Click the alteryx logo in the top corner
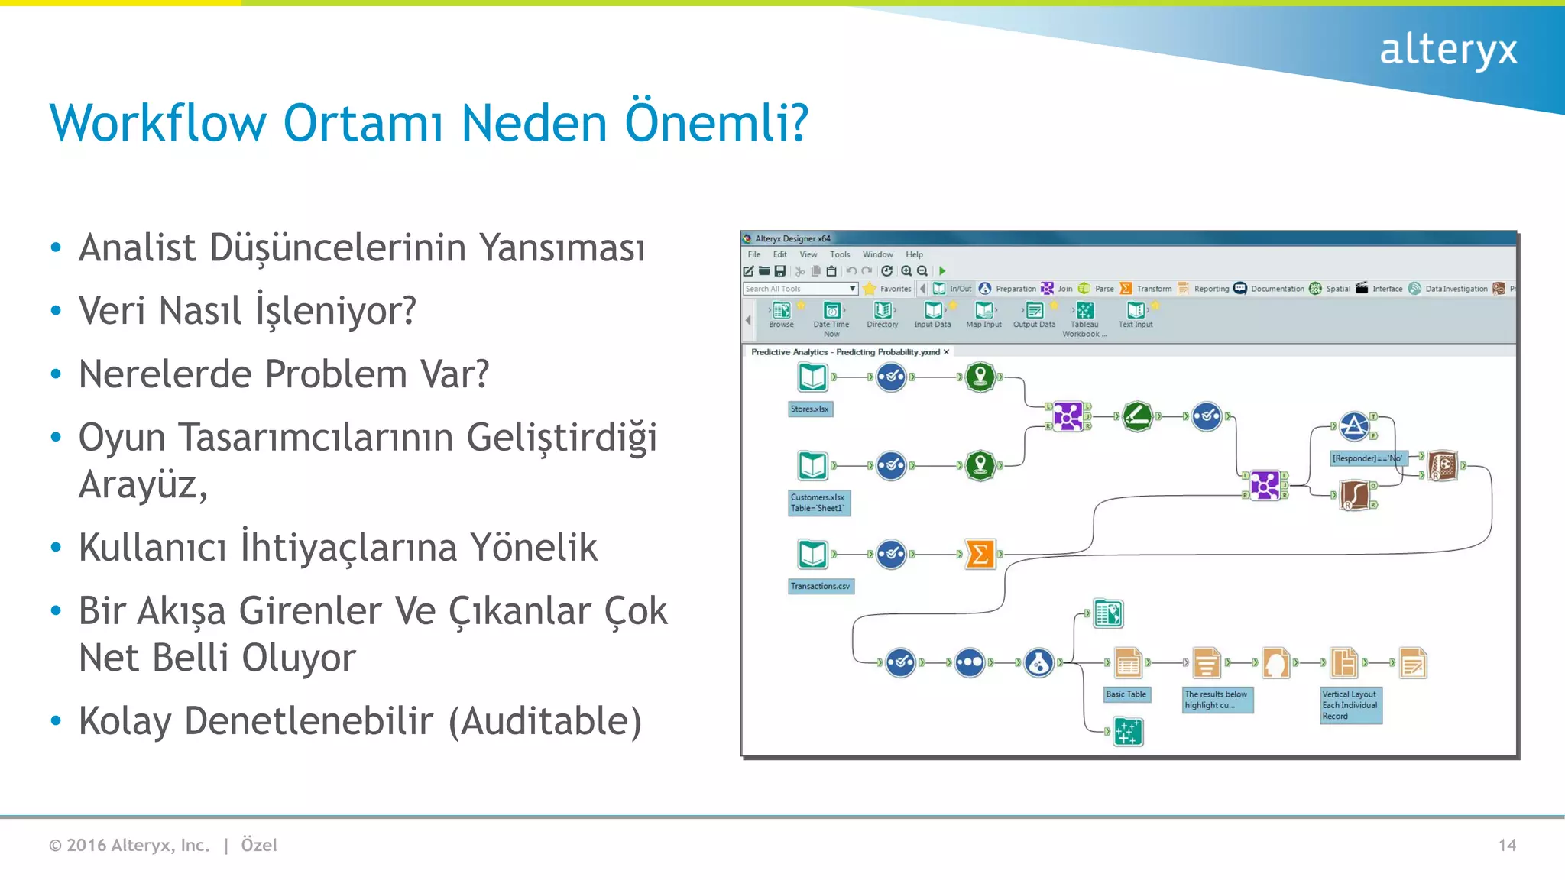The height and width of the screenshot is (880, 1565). [x=1447, y=50]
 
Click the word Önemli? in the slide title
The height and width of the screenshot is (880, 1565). [x=716, y=123]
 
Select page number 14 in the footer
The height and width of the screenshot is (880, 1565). [x=1506, y=845]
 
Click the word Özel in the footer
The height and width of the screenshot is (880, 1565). [x=259, y=845]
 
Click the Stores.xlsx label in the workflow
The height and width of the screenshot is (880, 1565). [x=809, y=409]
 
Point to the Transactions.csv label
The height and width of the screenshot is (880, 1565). [x=820, y=586]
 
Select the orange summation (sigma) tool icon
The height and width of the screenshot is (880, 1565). [x=980, y=555]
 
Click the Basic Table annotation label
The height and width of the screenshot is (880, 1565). [x=1126, y=694]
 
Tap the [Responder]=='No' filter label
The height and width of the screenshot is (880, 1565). [x=1367, y=458]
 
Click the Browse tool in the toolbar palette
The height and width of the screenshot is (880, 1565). [x=781, y=313]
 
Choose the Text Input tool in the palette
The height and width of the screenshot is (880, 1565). [x=1136, y=313]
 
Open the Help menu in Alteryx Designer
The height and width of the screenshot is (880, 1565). [x=914, y=254]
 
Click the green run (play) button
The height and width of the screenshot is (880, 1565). [x=942, y=270]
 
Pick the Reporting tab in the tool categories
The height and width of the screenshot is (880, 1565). [x=1210, y=289]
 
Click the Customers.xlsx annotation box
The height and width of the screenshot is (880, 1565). [x=818, y=503]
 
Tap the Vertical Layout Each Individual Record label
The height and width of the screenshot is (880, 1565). [x=1350, y=705]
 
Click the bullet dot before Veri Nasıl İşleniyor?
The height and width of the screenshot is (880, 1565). [x=56, y=311]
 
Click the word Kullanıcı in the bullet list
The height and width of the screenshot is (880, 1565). [x=152, y=548]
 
